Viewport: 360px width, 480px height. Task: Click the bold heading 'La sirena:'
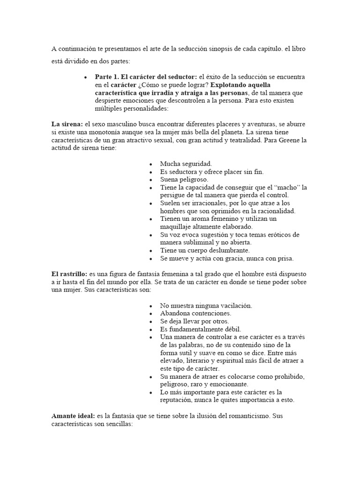67,124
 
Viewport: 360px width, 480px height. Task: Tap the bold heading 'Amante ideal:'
73,416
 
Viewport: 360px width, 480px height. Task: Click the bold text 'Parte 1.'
109,76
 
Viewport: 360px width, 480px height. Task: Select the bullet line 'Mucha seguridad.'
186,164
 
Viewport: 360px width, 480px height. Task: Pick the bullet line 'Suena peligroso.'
184,180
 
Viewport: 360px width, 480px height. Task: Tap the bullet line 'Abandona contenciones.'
195,313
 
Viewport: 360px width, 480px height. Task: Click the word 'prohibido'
285,376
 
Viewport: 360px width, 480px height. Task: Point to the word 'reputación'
179,400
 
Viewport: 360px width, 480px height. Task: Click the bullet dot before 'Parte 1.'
85,77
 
